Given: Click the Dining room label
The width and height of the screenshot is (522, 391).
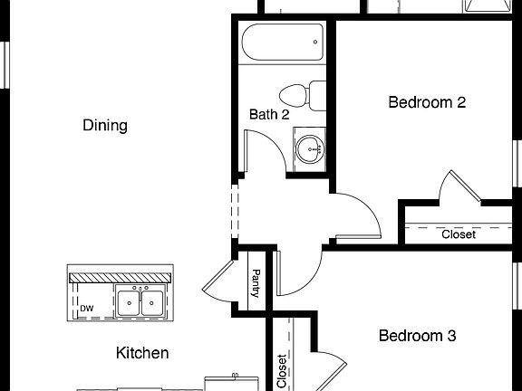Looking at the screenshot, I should pyautogui.click(x=104, y=125).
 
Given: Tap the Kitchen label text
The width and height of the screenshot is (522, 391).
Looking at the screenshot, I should pyautogui.click(x=142, y=353).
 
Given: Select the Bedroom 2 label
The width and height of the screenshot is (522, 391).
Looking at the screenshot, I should pyautogui.click(x=426, y=102).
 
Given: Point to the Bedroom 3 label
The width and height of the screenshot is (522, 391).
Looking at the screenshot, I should pyautogui.click(x=416, y=336).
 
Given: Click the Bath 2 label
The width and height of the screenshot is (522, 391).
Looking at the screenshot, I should pyautogui.click(x=269, y=115).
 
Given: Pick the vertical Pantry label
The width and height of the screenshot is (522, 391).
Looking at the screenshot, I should pyautogui.click(x=256, y=283).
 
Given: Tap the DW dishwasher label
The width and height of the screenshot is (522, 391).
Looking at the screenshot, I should pyautogui.click(x=87, y=309).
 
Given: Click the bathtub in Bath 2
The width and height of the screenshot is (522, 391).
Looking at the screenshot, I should pyautogui.click(x=282, y=42).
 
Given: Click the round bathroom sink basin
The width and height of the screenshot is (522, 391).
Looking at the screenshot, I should pyautogui.click(x=311, y=148).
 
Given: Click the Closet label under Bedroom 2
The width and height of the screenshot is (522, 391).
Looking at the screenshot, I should pyautogui.click(x=458, y=234).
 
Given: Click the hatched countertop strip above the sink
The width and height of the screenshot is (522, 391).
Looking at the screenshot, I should pyautogui.click(x=120, y=276).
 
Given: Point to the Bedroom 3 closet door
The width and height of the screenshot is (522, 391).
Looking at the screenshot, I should pyautogui.click(x=330, y=371).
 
